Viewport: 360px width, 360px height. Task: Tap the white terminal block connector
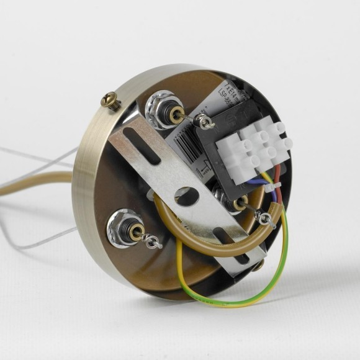255,147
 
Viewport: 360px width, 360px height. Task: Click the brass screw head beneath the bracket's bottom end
258,265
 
